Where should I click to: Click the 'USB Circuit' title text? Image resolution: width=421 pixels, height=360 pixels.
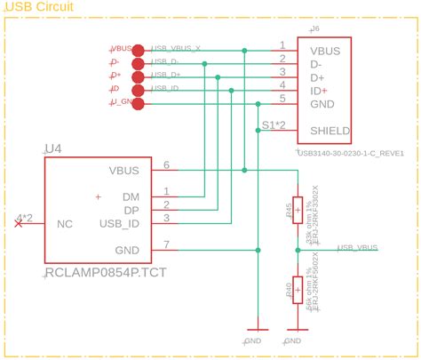[x=39, y=7]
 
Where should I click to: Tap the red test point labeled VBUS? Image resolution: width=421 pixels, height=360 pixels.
[x=138, y=51]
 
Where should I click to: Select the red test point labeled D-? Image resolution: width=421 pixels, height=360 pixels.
[x=138, y=64]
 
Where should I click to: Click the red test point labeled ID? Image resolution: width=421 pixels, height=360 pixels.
[x=138, y=90]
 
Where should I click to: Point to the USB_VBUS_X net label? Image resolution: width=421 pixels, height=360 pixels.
[x=177, y=48]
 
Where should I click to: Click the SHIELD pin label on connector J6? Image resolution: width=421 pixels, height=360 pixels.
[x=330, y=131]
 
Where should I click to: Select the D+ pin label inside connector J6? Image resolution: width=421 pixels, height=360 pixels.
[x=322, y=78]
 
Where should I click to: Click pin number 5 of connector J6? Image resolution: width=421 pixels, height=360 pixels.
[x=282, y=98]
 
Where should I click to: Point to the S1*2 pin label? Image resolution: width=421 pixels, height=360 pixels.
[x=274, y=125]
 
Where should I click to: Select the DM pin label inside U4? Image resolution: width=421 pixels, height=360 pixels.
[x=131, y=196]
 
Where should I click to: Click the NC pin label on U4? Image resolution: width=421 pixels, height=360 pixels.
[x=64, y=224]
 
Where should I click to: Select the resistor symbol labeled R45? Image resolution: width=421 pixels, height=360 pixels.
[x=297, y=211]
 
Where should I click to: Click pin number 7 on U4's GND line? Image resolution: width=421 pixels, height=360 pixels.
[x=166, y=244]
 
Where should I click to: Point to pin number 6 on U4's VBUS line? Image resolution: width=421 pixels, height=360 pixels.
[x=166, y=164]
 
